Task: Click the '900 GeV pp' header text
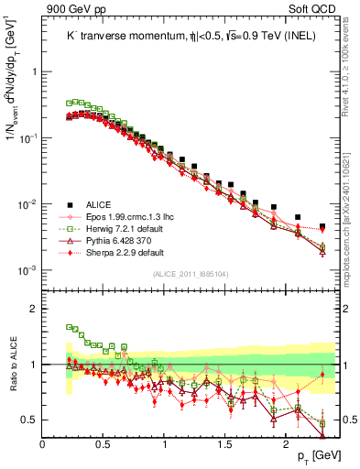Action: click(75, 9)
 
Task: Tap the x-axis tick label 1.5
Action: click(225, 446)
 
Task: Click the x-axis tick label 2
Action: click(287, 446)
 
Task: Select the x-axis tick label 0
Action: click(42, 446)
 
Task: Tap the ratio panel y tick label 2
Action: click(32, 310)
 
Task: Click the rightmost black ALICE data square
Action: click(322, 225)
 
